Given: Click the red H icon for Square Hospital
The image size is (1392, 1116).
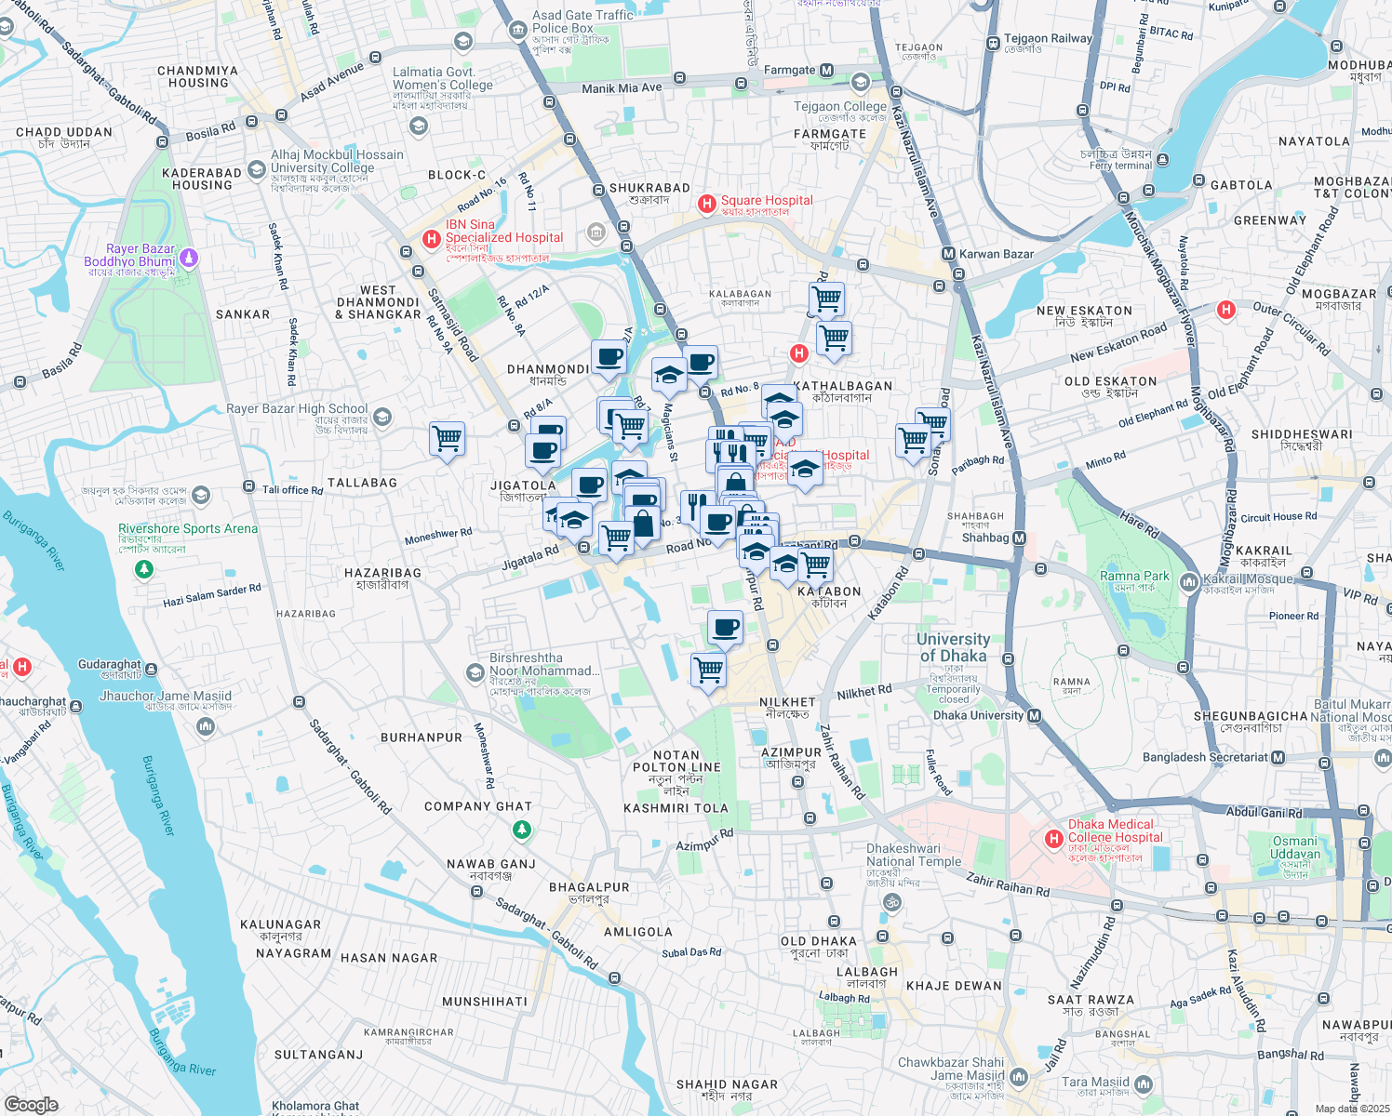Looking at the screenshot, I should tap(707, 203).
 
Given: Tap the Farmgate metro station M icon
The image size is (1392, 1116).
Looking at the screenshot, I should tap(826, 71).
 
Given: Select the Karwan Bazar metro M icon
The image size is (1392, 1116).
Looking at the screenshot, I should tap(948, 254).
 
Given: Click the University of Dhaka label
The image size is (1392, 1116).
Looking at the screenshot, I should tap(953, 647).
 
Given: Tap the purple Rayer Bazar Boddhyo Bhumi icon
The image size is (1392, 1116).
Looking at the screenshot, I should tap(189, 256).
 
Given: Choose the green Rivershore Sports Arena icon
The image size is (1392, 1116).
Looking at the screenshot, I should tap(144, 567).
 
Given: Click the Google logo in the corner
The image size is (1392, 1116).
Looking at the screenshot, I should tap(31, 1104).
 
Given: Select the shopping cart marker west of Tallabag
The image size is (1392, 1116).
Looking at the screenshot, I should tap(447, 438).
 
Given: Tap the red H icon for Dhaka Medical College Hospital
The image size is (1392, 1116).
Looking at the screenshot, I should tap(1053, 839).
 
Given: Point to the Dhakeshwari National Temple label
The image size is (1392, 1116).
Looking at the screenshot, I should tap(914, 855).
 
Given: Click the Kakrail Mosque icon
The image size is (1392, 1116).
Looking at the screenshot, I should tap(1188, 582).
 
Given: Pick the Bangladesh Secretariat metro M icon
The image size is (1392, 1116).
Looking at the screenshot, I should tap(1278, 757).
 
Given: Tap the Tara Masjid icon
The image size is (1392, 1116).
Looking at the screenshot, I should tap(1144, 1084).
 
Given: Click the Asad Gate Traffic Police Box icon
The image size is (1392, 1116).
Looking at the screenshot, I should tap(518, 31).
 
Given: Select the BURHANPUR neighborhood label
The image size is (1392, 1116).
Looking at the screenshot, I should tap(422, 737).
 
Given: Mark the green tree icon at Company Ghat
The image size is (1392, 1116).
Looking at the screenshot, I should tap(522, 829).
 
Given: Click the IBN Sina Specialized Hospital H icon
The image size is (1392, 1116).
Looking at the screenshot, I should tap(432, 239).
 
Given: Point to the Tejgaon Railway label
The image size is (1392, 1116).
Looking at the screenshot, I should tap(1047, 39).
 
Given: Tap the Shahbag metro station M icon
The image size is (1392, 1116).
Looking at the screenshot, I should tap(1019, 538).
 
